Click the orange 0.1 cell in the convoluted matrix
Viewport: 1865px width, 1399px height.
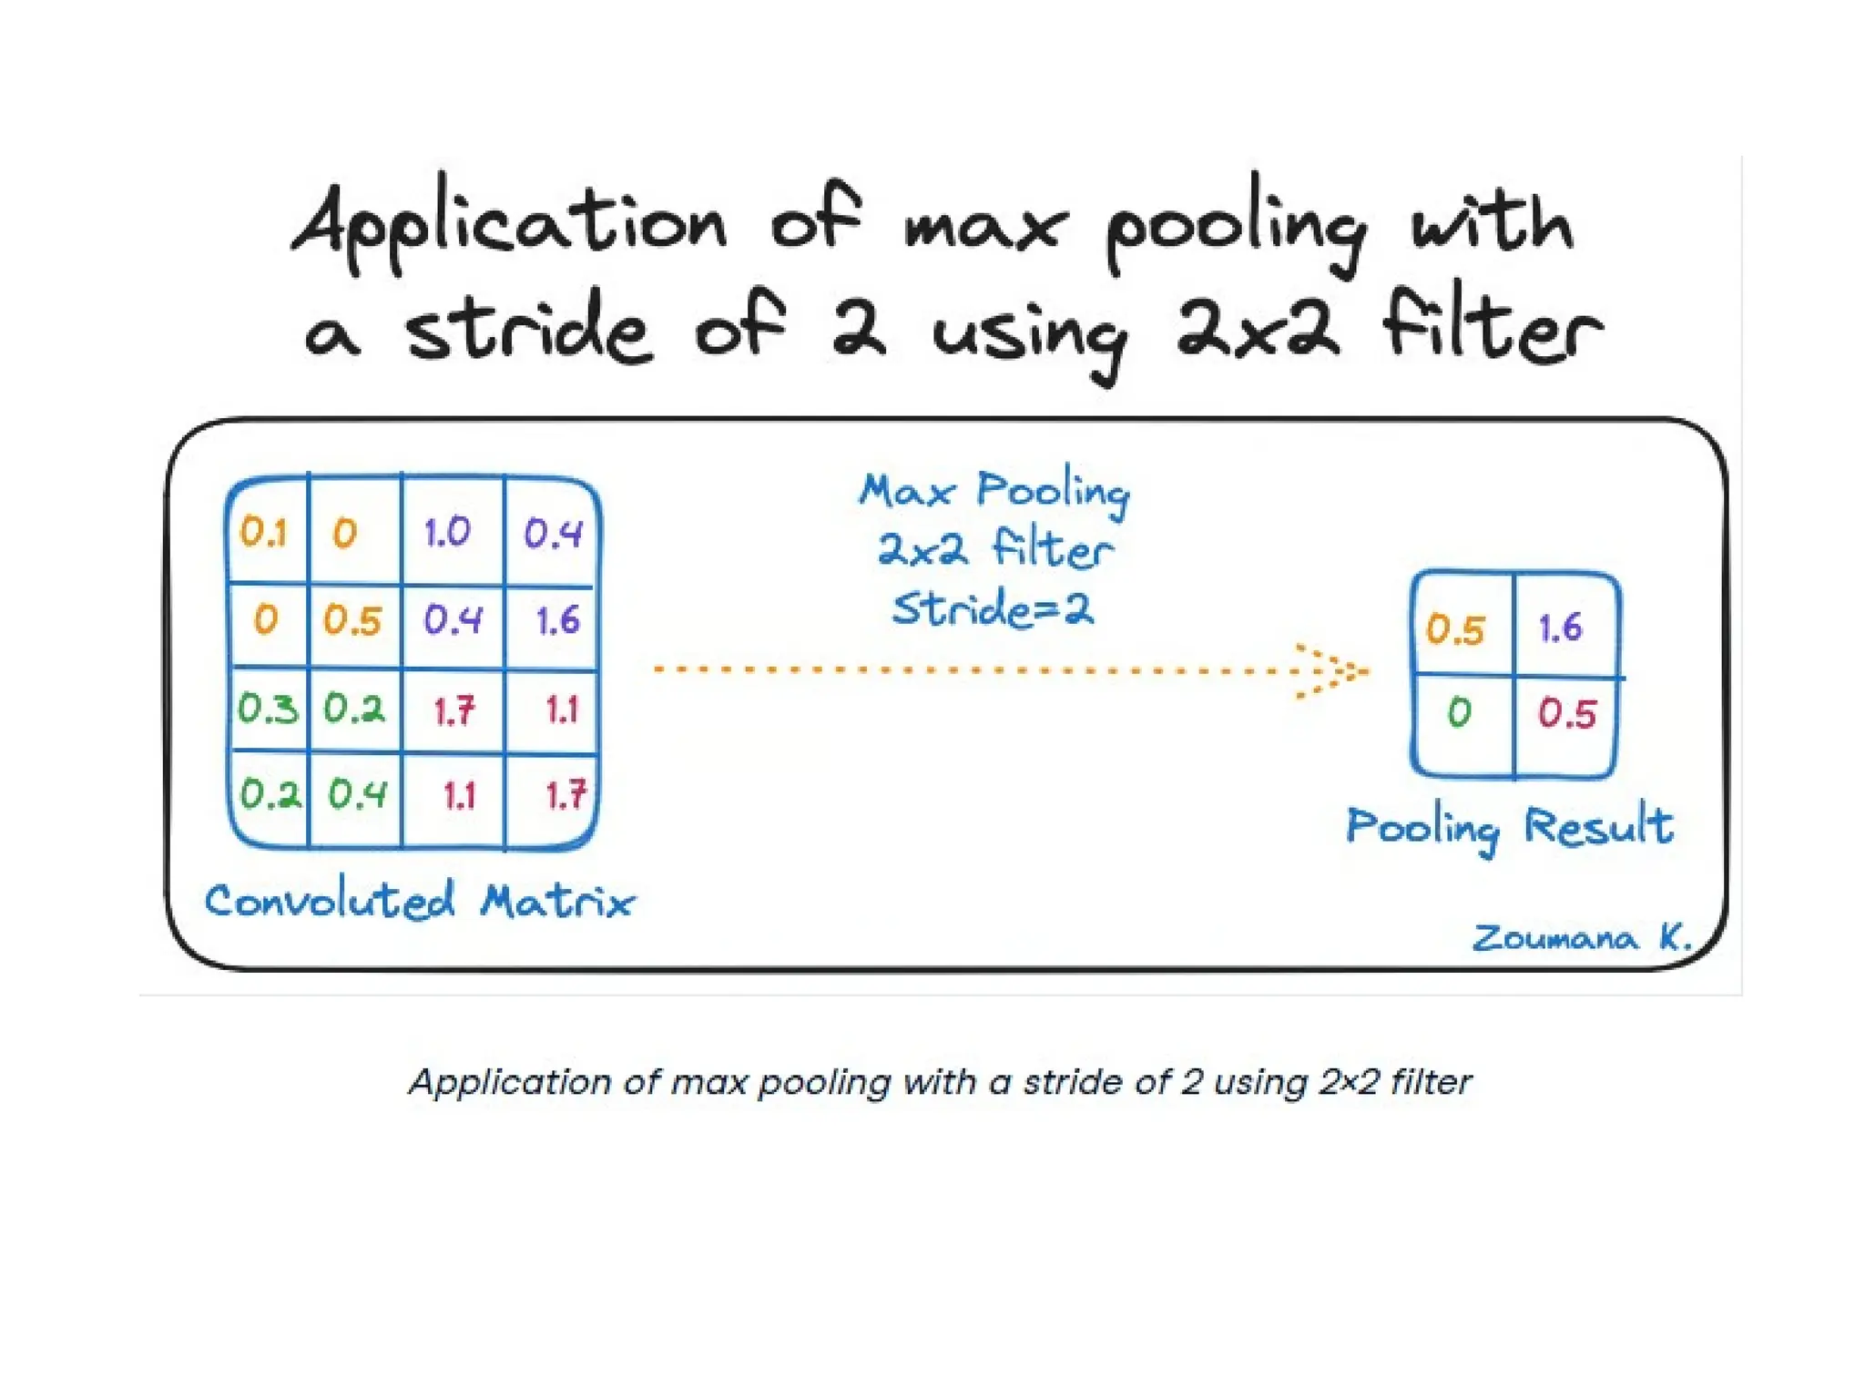(263, 532)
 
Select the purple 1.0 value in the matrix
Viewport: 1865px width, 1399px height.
(447, 532)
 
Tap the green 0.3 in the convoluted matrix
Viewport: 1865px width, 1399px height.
(268, 709)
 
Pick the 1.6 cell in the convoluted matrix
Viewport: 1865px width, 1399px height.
(557, 621)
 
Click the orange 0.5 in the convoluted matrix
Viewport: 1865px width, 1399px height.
(352, 621)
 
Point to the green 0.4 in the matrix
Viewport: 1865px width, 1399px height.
(358, 795)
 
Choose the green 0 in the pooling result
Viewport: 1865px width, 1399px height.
(1459, 712)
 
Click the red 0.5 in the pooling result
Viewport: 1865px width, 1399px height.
(1567, 713)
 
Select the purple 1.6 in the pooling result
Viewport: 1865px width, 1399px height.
(1561, 628)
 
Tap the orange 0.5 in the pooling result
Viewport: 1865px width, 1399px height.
(1455, 629)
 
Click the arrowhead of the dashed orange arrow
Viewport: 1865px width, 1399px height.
(1339, 672)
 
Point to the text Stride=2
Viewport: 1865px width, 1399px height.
(993, 608)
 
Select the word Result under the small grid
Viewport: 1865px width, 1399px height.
(1598, 826)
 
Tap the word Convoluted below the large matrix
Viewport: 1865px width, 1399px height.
(330, 901)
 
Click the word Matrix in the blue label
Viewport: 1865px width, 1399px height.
(557, 902)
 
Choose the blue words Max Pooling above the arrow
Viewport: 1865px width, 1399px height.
(994, 492)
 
